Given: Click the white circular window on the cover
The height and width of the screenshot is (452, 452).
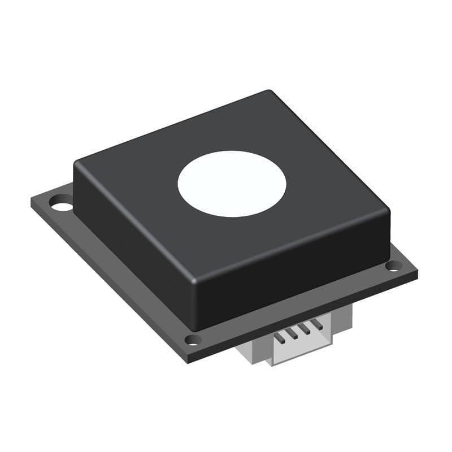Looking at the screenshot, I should click(x=232, y=184).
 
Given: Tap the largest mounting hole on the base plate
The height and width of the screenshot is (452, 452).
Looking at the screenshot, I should click(x=62, y=202).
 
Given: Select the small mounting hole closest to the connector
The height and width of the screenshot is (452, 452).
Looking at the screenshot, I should click(x=193, y=340).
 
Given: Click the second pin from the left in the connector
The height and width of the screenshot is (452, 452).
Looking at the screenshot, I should click(x=292, y=334).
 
